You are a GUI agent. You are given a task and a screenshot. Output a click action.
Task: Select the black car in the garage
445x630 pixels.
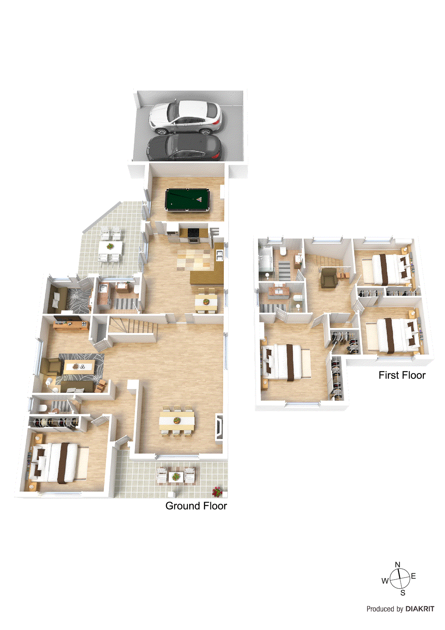coord(183,148)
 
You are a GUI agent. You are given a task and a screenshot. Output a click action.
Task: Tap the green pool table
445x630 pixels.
coord(187,200)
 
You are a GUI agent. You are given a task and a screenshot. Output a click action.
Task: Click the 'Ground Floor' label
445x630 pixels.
coord(196,506)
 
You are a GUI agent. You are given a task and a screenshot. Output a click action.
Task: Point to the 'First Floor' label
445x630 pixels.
coord(402,375)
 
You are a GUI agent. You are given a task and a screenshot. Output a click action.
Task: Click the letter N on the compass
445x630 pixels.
coord(397,565)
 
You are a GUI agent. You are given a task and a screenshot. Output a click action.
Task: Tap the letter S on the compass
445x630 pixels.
coord(403,593)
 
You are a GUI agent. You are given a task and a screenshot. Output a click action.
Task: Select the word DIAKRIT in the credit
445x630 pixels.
coord(420,609)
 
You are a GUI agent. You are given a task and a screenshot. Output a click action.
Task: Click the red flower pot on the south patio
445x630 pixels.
coord(217,491)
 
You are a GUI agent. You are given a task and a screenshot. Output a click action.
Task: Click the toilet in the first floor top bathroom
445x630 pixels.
coord(283,252)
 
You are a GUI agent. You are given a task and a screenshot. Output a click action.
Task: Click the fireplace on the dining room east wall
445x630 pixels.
coord(219,427)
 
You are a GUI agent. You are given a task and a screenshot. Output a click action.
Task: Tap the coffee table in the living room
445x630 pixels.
coord(79,367)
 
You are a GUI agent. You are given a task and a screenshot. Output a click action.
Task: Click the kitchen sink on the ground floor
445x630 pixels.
coord(219,254)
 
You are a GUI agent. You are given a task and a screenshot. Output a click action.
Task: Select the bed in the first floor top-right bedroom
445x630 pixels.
coord(388,269)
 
